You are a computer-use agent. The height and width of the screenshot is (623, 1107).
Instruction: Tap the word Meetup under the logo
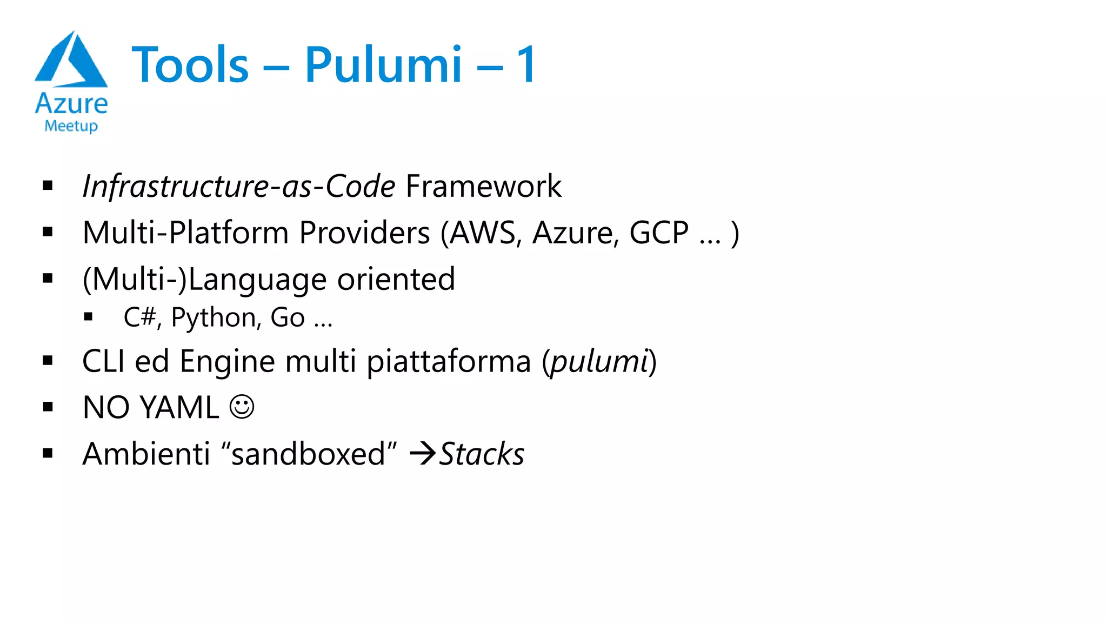point(71,126)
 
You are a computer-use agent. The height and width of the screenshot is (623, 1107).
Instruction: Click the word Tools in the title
point(190,65)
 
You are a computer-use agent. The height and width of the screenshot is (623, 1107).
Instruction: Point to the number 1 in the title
point(526,65)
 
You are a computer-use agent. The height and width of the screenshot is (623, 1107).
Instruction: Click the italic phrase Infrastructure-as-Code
point(238,187)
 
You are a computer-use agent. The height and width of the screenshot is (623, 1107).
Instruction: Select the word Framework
point(483,187)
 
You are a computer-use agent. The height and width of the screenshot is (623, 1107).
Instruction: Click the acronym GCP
point(659,233)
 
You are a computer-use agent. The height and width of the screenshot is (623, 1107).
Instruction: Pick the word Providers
point(364,233)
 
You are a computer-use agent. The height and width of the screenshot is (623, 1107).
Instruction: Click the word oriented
point(396,280)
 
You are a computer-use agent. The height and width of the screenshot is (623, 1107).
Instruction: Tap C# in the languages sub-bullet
point(140,317)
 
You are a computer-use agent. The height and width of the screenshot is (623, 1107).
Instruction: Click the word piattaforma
point(449,361)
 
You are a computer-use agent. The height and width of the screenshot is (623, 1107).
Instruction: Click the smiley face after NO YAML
point(242,407)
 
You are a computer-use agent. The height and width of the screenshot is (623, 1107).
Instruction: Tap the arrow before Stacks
point(423,453)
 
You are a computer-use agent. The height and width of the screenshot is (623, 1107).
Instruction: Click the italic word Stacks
point(482,454)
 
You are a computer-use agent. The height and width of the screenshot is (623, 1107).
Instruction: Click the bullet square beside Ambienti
point(48,453)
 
